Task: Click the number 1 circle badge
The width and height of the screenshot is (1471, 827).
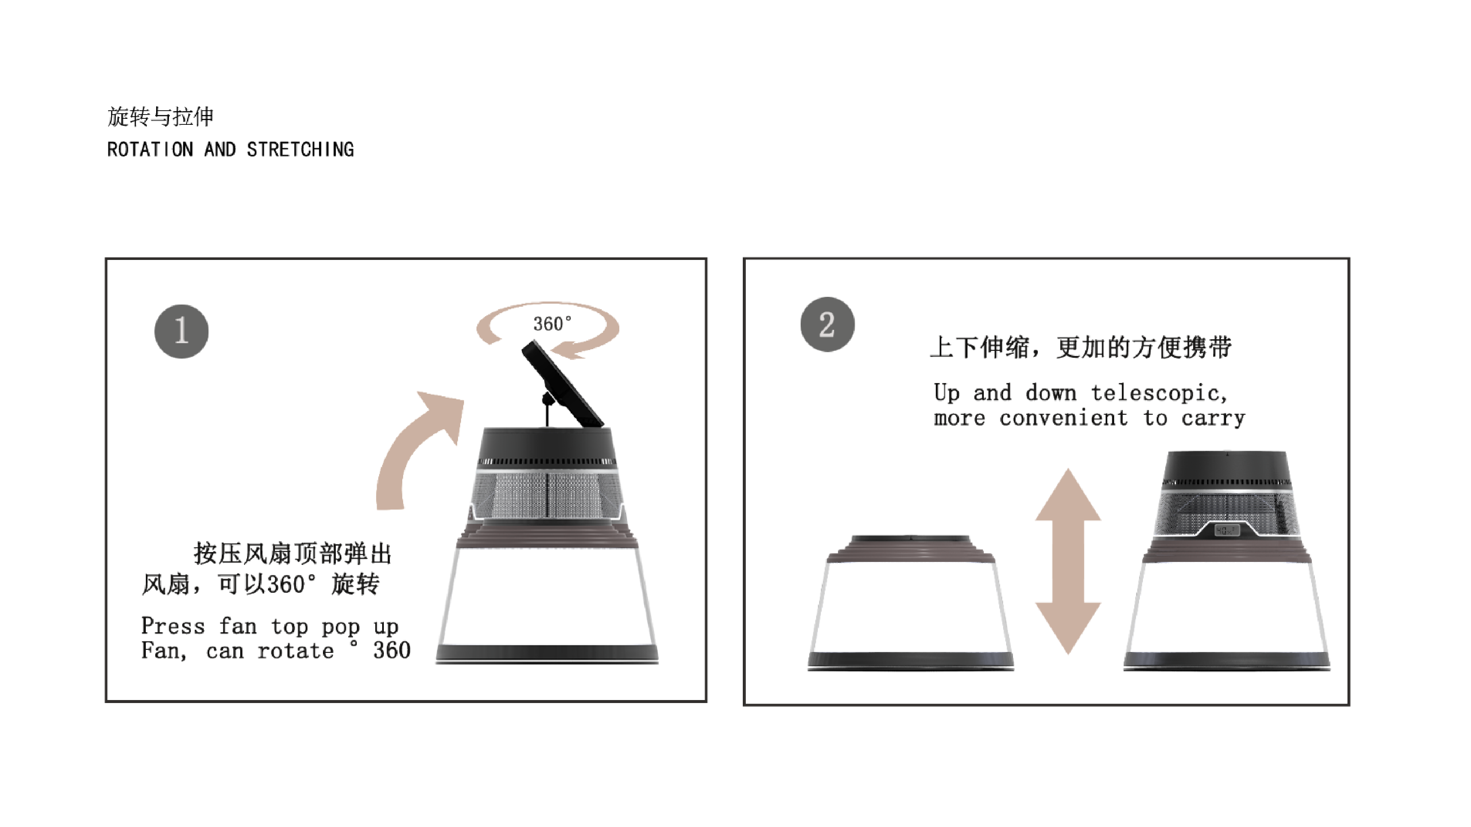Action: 181,331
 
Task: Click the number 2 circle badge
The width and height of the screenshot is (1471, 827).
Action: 827,324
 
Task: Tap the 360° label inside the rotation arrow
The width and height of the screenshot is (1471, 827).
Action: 552,324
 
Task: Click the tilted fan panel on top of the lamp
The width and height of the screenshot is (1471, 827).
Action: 563,384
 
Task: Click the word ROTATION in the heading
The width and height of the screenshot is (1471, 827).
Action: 150,150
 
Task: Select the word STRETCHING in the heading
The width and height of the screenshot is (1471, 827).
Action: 300,150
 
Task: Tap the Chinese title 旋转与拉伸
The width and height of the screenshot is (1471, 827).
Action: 160,117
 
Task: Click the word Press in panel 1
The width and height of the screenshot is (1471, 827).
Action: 172,626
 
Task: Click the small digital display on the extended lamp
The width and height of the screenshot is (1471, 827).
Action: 1226,530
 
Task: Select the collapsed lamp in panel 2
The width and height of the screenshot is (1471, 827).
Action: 911,605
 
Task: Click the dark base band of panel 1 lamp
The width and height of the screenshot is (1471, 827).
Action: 547,653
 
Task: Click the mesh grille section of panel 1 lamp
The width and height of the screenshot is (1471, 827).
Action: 547,494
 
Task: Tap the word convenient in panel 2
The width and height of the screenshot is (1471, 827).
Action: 1063,418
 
